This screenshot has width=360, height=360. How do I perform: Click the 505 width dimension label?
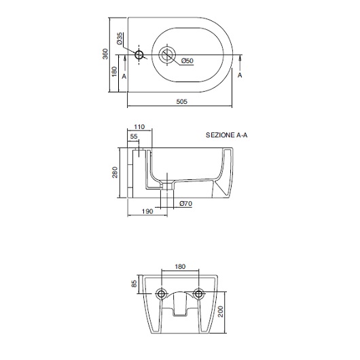[181, 101]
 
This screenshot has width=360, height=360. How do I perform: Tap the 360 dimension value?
[105, 54]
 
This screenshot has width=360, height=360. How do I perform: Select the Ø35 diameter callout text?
[120, 38]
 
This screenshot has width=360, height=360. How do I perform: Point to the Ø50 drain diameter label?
[187, 61]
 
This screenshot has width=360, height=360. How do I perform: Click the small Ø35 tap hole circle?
[139, 55]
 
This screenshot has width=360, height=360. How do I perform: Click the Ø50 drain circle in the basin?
[167, 55]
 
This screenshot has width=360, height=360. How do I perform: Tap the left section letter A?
[124, 76]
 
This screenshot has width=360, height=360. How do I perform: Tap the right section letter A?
[240, 75]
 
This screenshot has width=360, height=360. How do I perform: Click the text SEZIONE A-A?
[227, 135]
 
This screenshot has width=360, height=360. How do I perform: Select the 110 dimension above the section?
[139, 127]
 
